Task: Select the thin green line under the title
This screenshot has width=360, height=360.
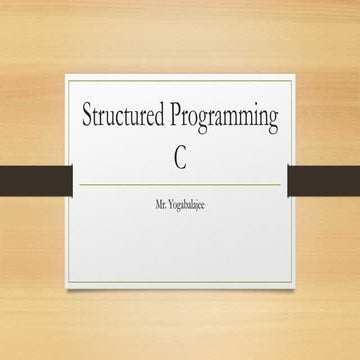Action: (x=180, y=185)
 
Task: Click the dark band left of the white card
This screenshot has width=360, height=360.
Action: (x=36, y=180)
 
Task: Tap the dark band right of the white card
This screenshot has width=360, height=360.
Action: (x=324, y=180)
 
